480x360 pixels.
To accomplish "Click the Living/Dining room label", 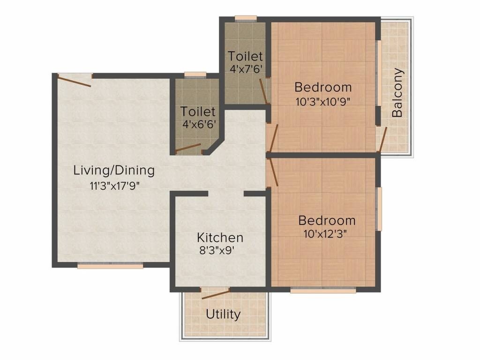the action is pyautogui.click(x=114, y=170).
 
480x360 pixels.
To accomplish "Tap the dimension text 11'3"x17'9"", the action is pyautogui.click(x=115, y=185).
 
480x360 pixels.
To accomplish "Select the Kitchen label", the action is pyautogui.click(x=220, y=237).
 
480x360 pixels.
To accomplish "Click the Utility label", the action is pyautogui.click(x=223, y=314).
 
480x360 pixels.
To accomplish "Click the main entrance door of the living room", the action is pyautogui.click(x=74, y=80).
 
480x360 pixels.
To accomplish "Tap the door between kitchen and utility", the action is pyautogui.click(x=215, y=294).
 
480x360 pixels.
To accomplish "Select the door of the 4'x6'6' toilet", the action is pyautogui.click(x=188, y=149).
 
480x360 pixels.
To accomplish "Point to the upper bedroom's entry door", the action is pyautogui.click(x=273, y=138).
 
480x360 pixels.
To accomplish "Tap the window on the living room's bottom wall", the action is pyautogui.click(x=110, y=266).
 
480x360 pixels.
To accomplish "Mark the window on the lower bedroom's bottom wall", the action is pyautogui.click(x=323, y=291).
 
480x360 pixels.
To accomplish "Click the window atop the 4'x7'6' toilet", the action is pyautogui.click(x=246, y=19).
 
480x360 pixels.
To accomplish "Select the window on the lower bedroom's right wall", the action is pyautogui.click(x=379, y=209).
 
